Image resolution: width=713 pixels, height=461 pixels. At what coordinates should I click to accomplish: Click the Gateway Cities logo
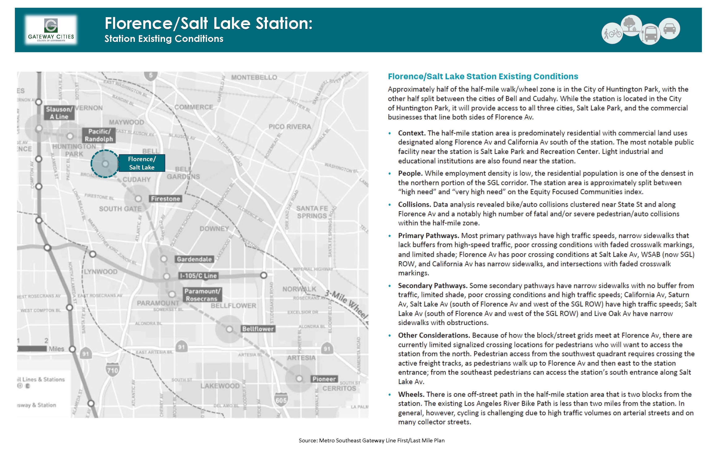51,30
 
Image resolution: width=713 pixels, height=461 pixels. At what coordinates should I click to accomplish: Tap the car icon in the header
670,29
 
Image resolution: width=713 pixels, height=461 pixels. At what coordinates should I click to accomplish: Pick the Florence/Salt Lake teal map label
142,163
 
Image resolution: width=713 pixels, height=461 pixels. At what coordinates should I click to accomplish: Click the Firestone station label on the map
165,199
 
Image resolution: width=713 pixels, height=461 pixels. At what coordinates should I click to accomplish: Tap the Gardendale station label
194,259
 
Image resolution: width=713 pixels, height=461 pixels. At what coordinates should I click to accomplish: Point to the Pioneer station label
324,379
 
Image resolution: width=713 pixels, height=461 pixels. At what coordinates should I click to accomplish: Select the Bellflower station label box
258,329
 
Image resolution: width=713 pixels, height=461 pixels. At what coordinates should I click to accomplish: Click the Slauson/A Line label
59,113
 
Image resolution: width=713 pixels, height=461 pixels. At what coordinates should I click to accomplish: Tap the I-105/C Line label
198,276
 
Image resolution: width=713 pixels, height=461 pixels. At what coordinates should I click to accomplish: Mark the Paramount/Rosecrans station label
202,295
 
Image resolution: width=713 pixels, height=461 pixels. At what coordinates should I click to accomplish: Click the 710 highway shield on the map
112,370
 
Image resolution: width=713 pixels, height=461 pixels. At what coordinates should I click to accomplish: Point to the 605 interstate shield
281,400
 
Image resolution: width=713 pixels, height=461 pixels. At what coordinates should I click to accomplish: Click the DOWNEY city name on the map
214,229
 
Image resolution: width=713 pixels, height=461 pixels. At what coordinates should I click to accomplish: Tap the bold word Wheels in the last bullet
411,394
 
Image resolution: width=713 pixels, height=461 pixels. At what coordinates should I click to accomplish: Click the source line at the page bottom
371,440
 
